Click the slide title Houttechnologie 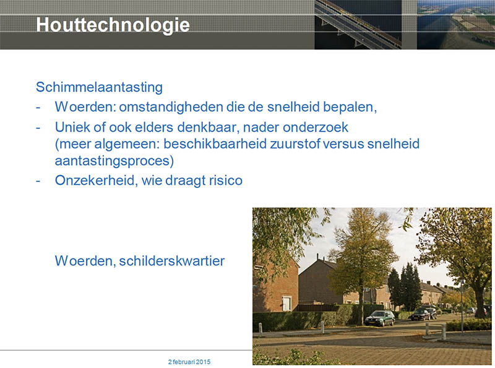[113, 25]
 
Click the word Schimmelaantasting [99, 87]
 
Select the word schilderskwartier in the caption [172, 261]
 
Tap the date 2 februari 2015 [189, 362]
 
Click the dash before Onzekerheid [38, 181]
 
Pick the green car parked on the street [379, 318]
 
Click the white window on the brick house [286, 303]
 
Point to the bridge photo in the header [358, 25]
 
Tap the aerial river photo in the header [456, 25]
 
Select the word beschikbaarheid [215, 143]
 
